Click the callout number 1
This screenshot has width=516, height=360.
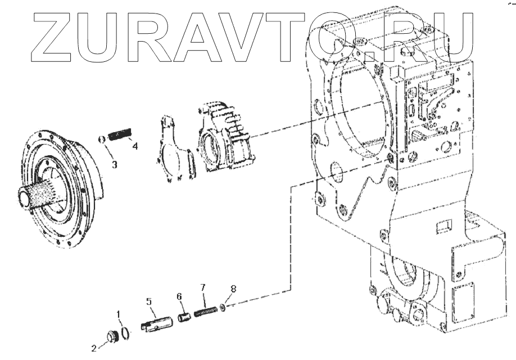click(x=119, y=313)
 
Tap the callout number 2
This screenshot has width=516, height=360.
click(x=94, y=348)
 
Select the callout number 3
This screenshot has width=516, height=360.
click(x=114, y=164)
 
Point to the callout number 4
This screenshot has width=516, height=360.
click(x=135, y=147)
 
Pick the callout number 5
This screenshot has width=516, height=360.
click(x=150, y=302)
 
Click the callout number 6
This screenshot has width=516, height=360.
click(x=179, y=296)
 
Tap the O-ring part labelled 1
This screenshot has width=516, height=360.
click(x=126, y=332)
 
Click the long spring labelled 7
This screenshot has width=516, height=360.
click(x=206, y=310)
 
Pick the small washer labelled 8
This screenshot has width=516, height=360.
click(x=224, y=307)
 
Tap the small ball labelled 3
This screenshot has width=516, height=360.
click(x=102, y=139)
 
